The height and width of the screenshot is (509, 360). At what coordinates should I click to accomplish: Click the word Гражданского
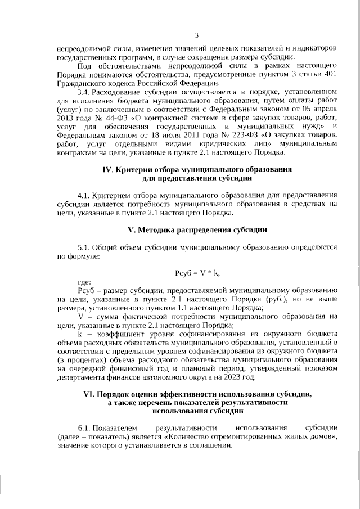[x=81, y=84]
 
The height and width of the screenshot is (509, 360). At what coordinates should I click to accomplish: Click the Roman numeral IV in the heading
[x=108, y=169]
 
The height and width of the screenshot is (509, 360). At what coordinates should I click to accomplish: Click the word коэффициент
[x=119, y=332]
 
